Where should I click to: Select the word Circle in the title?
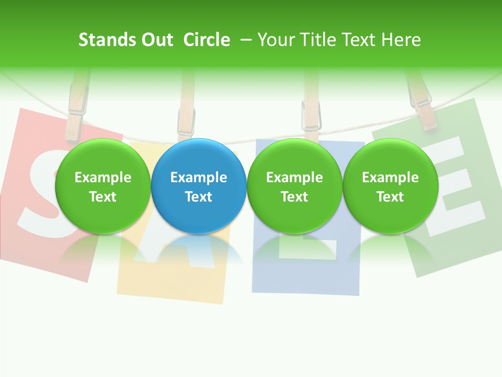(x=207, y=40)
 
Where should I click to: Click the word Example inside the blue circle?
(x=199, y=178)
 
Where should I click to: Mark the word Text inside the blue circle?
(x=199, y=197)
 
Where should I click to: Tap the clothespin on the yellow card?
(x=186, y=107)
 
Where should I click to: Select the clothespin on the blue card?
(x=311, y=110)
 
